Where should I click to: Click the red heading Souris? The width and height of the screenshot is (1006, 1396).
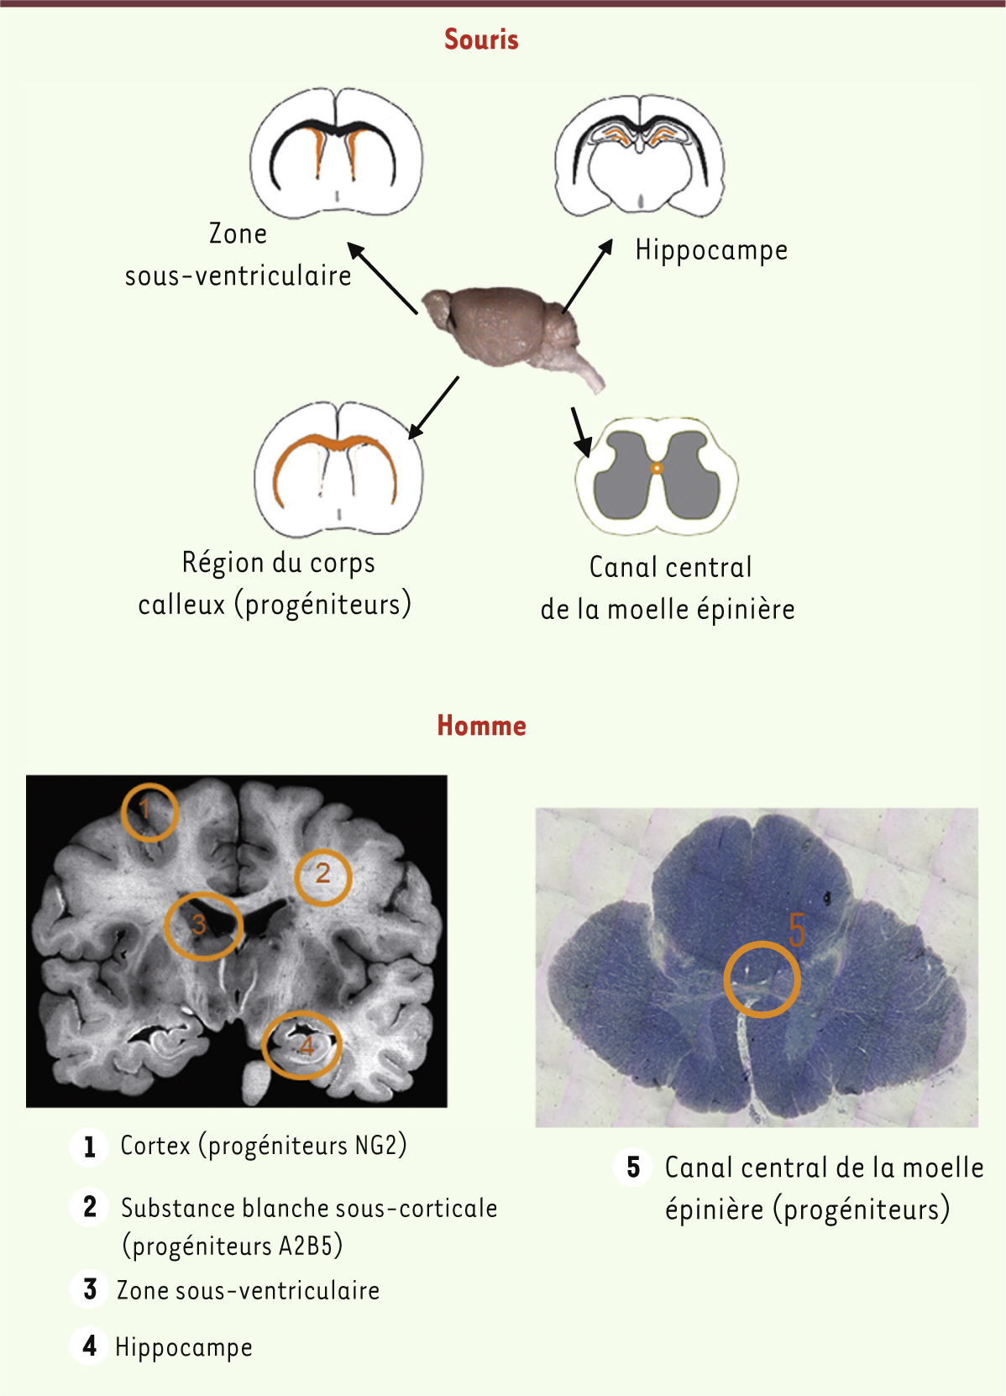481,39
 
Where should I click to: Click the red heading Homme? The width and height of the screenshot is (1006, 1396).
481,726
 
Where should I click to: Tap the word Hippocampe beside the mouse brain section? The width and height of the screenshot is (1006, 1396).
711,251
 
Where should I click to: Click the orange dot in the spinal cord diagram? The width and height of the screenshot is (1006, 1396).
657,468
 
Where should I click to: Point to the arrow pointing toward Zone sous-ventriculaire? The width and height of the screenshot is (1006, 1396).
382,278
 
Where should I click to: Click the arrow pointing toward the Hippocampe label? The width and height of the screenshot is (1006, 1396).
587,276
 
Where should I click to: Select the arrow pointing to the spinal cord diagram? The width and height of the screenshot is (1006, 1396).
581,431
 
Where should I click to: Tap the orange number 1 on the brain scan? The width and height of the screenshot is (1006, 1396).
144,809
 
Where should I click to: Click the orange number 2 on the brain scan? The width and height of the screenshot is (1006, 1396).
322,873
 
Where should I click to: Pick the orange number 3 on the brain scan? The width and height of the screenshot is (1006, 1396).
199,924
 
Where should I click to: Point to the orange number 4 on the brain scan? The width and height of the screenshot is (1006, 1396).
307,1046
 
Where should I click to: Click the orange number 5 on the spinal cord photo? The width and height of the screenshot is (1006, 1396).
797,931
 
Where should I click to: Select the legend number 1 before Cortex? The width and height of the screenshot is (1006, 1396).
90,1147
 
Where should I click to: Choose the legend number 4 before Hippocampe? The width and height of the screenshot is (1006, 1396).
90,1346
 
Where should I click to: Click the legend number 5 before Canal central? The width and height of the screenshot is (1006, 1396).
633,1168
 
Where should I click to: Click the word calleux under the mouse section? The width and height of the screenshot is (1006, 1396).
181,605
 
